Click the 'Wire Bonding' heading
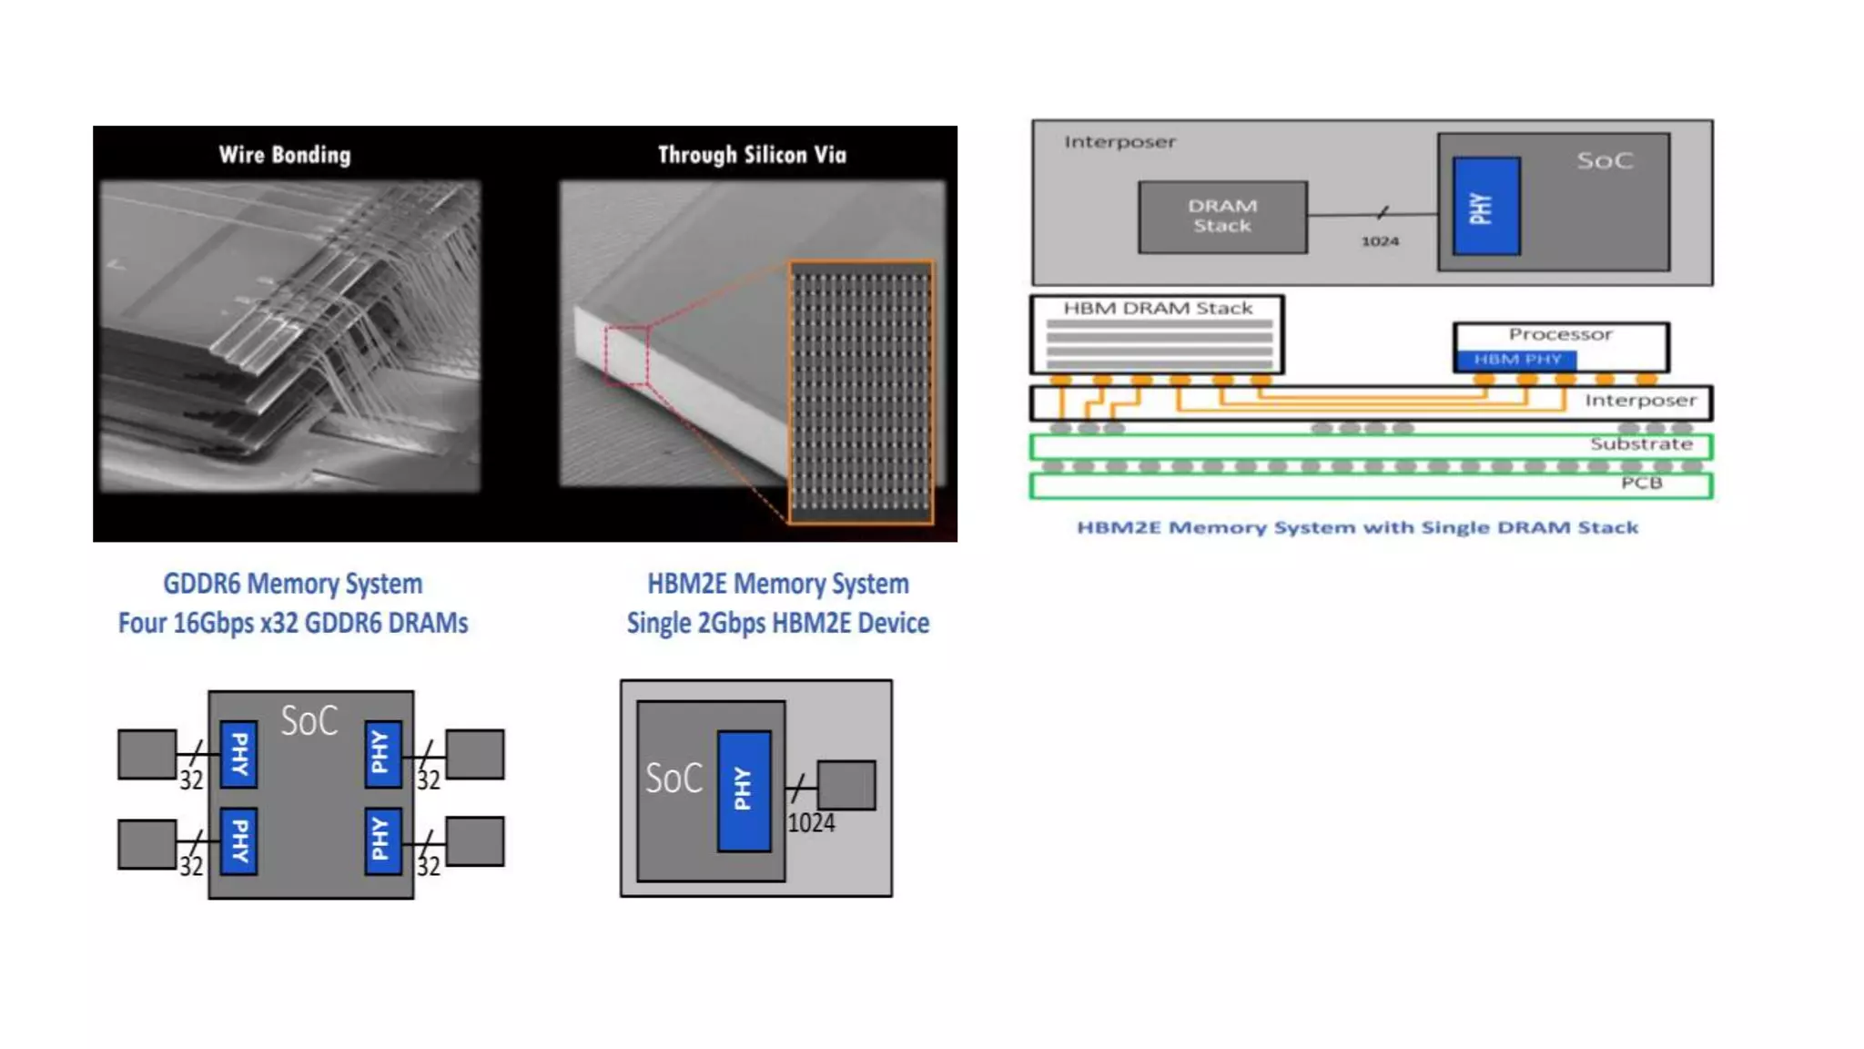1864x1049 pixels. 285,155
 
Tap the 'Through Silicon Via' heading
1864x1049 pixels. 752,155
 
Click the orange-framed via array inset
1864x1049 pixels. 861,392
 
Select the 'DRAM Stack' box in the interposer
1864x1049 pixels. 1222,217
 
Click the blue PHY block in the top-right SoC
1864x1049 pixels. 1485,207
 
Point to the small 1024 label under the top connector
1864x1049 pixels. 1380,241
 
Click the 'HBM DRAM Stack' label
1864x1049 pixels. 1158,309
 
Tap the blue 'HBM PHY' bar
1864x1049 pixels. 1516,360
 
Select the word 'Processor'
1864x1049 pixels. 1560,334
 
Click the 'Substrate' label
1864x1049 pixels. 1641,444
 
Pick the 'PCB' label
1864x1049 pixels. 1641,483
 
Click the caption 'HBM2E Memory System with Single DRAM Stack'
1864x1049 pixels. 1357,528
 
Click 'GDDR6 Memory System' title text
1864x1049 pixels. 292,584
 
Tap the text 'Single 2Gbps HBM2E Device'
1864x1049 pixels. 778,624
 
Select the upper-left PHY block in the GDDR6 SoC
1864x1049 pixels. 238,754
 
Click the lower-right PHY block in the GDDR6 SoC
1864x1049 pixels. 382,840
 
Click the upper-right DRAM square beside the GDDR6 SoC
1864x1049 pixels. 474,754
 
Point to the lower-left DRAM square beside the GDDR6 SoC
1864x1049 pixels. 147,844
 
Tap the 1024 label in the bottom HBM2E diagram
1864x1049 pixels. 810,823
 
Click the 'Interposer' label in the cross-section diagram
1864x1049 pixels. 1640,401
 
